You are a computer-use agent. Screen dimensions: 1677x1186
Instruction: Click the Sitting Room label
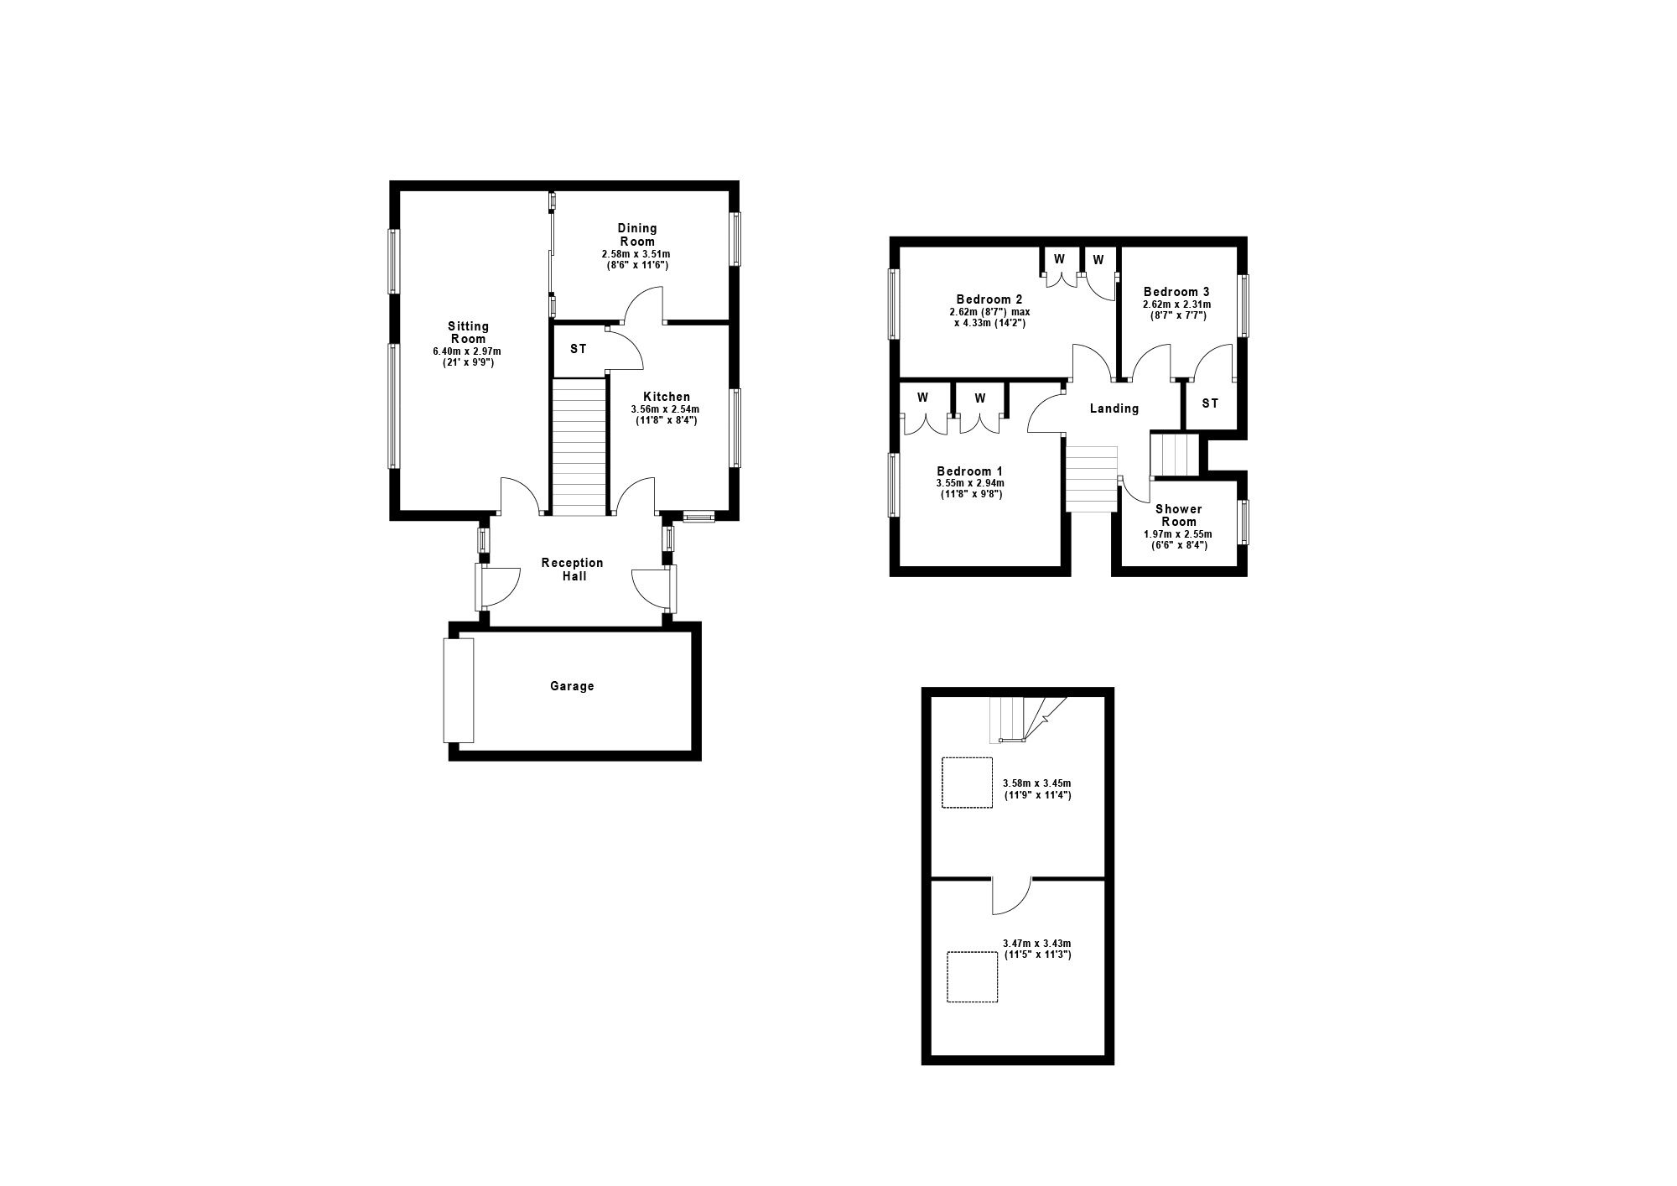point(468,332)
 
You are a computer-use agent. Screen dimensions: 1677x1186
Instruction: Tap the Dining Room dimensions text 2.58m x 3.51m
point(636,254)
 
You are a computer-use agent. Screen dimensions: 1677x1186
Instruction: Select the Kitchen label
point(667,397)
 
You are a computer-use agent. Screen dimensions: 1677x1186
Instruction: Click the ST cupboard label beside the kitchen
point(578,349)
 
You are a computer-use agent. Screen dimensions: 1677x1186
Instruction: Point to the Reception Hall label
point(574,570)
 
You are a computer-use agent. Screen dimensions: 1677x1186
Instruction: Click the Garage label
point(572,686)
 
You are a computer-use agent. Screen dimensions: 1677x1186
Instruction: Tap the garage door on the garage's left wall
point(459,690)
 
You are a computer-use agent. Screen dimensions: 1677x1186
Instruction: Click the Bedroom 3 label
point(1176,292)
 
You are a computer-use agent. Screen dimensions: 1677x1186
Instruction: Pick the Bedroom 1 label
point(970,471)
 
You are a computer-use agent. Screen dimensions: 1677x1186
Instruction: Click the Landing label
point(1114,408)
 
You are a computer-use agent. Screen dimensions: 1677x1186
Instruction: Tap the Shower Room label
point(1178,515)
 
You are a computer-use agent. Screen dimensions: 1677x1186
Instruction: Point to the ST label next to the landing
point(1210,403)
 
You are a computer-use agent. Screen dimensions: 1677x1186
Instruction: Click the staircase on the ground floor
point(579,446)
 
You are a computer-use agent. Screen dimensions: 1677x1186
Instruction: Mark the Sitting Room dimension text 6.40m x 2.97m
point(468,351)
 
